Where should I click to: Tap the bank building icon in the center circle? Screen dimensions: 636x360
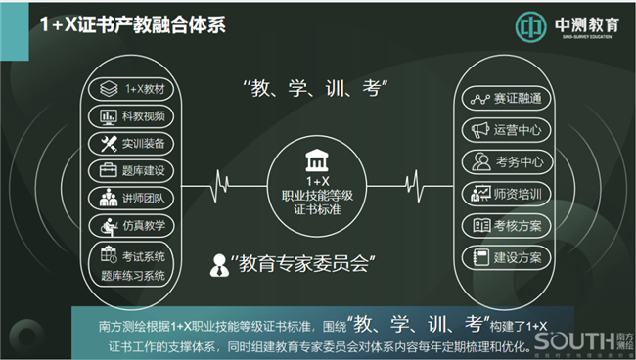point(317,160)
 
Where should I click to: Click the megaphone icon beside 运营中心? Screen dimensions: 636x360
point(479,130)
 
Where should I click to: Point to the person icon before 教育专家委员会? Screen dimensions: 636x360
point(220,263)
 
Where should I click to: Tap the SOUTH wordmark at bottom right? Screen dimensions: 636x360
point(573,341)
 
